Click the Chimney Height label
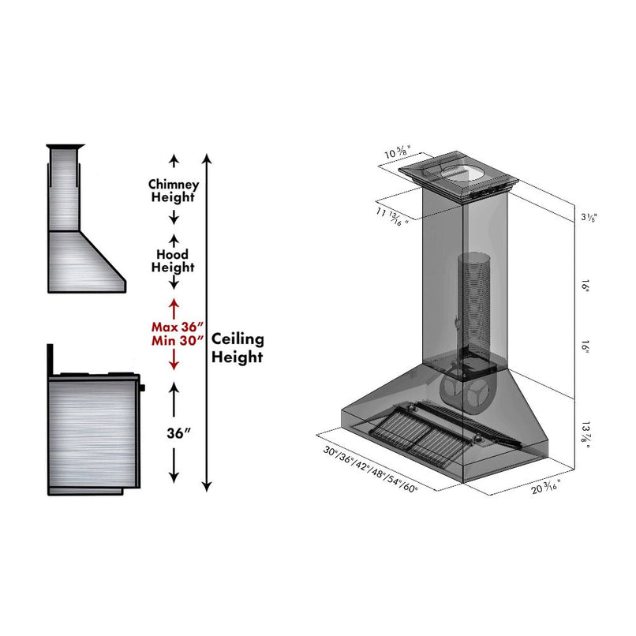(174, 190)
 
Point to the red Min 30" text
(178, 340)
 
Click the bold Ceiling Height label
(238, 348)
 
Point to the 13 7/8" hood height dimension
(585, 434)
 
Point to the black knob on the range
(143, 387)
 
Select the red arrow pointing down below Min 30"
(174, 361)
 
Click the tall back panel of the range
(50, 360)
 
